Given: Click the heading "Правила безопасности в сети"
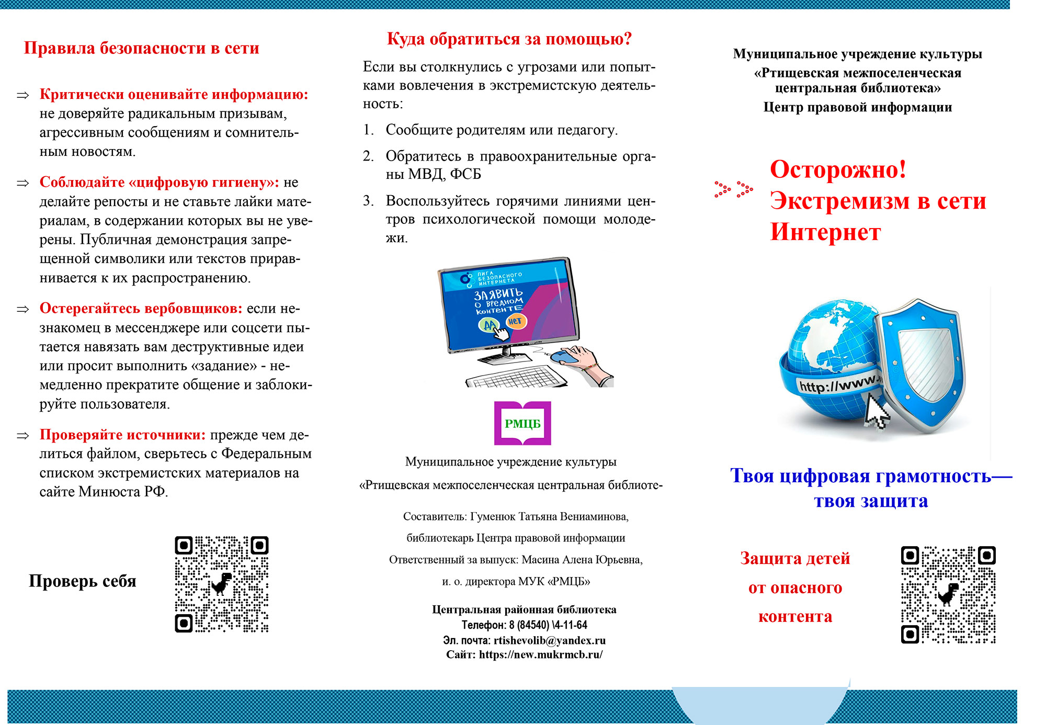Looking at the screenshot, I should coord(141,48).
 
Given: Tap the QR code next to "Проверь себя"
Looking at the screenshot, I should coord(221,584).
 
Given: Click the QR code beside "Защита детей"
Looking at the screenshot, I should coord(948,595).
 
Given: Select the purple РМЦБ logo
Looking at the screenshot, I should coord(522,423).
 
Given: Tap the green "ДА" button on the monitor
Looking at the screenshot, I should coord(489,325).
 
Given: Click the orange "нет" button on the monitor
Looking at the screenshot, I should coord(515,321).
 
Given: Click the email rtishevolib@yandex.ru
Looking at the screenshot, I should coord(549,640).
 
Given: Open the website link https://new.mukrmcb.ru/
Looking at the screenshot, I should coord(541,654).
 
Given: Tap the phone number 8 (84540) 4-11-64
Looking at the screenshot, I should coord(548,625).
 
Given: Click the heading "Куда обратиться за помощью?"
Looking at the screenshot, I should coord(509,39).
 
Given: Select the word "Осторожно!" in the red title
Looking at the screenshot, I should coord(838,169).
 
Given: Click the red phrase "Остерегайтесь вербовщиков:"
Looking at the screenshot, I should coord(141,308).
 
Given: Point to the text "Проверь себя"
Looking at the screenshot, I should coord(83,581).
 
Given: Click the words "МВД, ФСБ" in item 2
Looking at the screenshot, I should coord(444,174).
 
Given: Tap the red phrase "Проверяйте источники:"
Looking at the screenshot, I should coord(123,435).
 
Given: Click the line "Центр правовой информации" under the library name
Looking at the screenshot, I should coord(857,107).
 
